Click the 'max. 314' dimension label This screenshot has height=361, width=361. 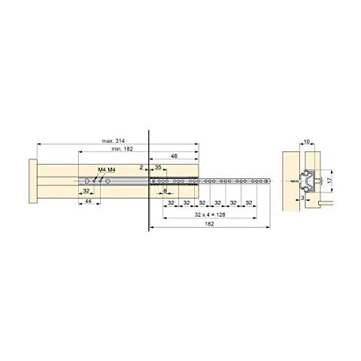(114, 141)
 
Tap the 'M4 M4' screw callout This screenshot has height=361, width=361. (106, 170)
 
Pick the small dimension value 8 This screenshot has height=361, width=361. (165, 192)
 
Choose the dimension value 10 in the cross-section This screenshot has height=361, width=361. (308, 141)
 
